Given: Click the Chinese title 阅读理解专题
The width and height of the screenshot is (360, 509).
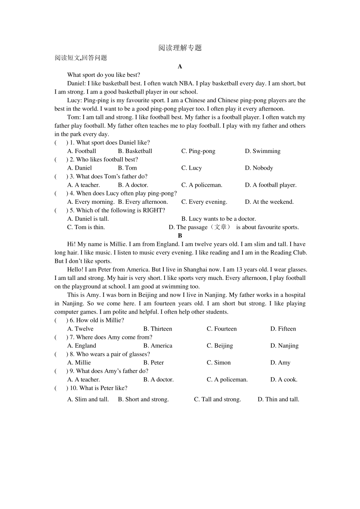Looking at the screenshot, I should click(180, 48).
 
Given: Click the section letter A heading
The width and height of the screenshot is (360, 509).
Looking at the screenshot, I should click(180, 67).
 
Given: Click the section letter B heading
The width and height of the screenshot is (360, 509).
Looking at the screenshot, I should click(180, 236).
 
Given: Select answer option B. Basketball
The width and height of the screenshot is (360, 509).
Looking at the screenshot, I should click(135, 151).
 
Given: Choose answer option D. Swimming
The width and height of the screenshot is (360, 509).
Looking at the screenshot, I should click(263, 151).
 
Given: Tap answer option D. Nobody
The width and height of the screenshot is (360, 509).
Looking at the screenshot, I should click(259, 168).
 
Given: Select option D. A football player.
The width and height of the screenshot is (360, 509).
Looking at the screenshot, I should click(271, 185).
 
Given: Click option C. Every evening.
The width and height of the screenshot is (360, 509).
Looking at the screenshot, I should click(204, 202).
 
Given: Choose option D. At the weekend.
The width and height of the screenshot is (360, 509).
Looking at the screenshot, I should click(269, 202).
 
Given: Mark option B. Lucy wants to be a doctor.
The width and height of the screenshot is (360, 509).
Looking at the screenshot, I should click(219, 219).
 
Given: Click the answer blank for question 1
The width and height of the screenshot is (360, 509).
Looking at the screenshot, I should click(61, 143).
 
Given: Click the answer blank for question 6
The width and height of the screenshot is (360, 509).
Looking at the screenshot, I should click(61, 320).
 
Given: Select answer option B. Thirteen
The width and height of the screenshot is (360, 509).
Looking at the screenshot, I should click(158, 329).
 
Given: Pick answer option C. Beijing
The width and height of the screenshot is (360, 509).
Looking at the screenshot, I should click(220, 346).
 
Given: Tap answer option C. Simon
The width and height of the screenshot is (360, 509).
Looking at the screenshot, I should click(219, 363).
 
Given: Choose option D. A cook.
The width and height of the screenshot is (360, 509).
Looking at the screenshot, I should click(284, 379).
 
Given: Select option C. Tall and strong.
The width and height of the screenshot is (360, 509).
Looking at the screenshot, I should click(218, 400).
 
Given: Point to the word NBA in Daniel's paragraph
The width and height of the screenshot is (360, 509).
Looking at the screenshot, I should click(186, 84).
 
